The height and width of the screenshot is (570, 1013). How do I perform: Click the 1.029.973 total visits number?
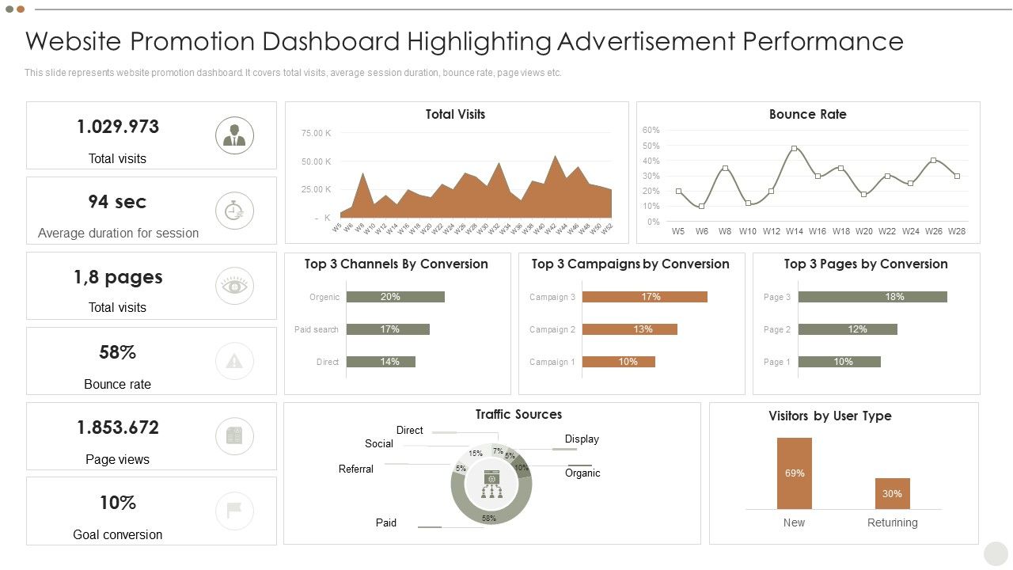118,127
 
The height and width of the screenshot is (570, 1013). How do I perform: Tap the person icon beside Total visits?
234,135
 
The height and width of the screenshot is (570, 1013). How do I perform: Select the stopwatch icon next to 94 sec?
234,211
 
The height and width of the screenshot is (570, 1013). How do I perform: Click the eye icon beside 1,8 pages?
234,286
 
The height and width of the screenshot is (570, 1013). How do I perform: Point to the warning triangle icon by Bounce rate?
234,361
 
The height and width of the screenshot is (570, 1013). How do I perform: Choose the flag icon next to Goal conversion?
234,511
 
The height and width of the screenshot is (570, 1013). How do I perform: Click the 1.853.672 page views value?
118,427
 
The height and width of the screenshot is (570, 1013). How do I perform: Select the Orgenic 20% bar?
395,297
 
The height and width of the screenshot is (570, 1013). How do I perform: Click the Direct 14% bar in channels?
381,362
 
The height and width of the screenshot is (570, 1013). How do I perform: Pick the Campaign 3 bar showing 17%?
644,297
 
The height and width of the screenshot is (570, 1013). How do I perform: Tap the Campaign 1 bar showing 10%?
618,362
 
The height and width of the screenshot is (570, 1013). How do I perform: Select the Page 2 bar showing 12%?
848,329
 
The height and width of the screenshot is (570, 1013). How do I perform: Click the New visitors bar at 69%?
794,473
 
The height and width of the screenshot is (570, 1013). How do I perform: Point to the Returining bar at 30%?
892,493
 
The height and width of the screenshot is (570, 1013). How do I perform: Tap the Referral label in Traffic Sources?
356,469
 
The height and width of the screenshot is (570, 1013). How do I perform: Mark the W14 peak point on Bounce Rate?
794,148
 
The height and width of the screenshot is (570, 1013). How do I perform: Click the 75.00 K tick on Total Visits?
316,133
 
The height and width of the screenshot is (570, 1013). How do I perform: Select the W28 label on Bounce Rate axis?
957,231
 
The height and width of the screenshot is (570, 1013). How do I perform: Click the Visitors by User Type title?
829,416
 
